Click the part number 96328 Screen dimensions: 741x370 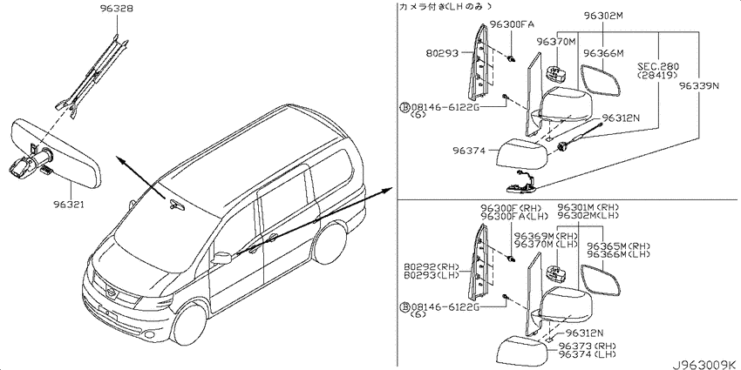pos(117,9)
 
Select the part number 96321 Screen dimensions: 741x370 pos(71,205)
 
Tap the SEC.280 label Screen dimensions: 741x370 pos(657,67)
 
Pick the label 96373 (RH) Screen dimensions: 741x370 pos(587,346)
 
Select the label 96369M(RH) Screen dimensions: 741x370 pos(546,236)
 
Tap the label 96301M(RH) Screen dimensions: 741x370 pos(588,207)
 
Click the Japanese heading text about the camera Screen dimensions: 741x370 pos(445,6)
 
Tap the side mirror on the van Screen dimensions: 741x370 pos(221,258)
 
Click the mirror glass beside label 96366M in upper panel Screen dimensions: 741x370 pos(600,80)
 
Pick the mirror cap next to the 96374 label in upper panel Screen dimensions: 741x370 pos(522,153)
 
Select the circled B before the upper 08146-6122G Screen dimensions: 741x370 pos(405,108)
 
